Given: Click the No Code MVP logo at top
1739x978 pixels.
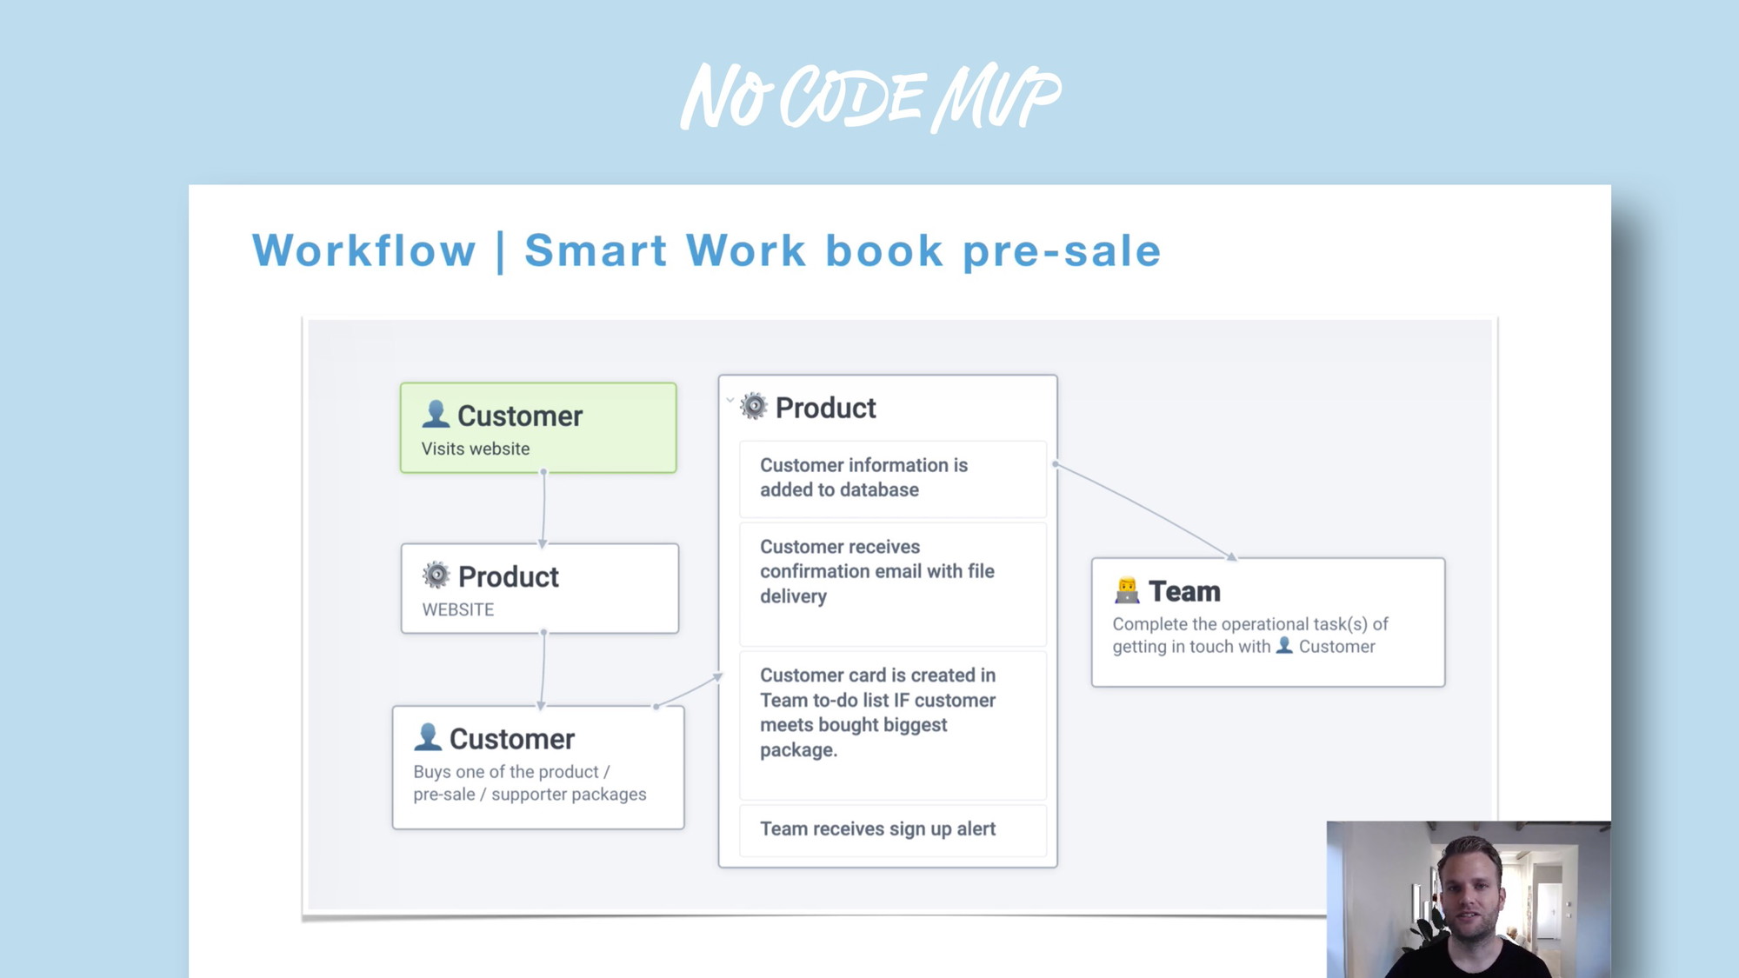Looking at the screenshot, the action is pyautogui.click(x=870, y=96).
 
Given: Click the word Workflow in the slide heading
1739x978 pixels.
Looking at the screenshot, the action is pyautogui.click(x=364, y=250).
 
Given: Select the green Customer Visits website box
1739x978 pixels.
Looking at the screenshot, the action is pyautogui.click(x=538, y=428).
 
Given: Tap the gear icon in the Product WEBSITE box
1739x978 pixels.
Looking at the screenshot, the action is pyautogui.click(x=436, y=575).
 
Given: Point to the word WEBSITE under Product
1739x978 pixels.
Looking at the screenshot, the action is pyautogui.click(x=458, y=609).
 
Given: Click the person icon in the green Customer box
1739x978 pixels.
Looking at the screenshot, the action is pyautogui.click(x=436, y=414).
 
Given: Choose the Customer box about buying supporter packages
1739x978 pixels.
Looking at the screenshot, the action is pyautogui.click(x=538, y=767).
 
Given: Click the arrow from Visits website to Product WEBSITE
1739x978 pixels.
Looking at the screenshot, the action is pyautogui.click(x=543, y=509).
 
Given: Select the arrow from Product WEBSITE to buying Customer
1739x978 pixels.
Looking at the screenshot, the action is pyautogui.click(x=543, y=670).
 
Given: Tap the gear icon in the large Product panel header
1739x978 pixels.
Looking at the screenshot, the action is pyautogui.click(x=754, y=406).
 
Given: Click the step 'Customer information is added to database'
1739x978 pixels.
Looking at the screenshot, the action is pyautogui.click(x=893, y=479).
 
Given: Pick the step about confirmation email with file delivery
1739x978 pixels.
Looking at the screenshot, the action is pyautogui.click(x=893, y=584).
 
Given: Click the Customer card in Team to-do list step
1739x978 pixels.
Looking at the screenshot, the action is pyautogui.click(x=893, y=725).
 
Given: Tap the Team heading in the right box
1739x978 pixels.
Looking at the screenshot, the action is pyautogui.click(x=1184, y=591).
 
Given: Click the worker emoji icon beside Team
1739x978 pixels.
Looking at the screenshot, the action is pyautogui.click(x=1127, y=590).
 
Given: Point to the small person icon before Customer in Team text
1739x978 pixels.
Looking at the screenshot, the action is pyautogui.click(x=1284, y=645).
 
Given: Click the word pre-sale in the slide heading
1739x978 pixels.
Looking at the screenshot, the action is pyautogui.click(x=1062, y=251).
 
